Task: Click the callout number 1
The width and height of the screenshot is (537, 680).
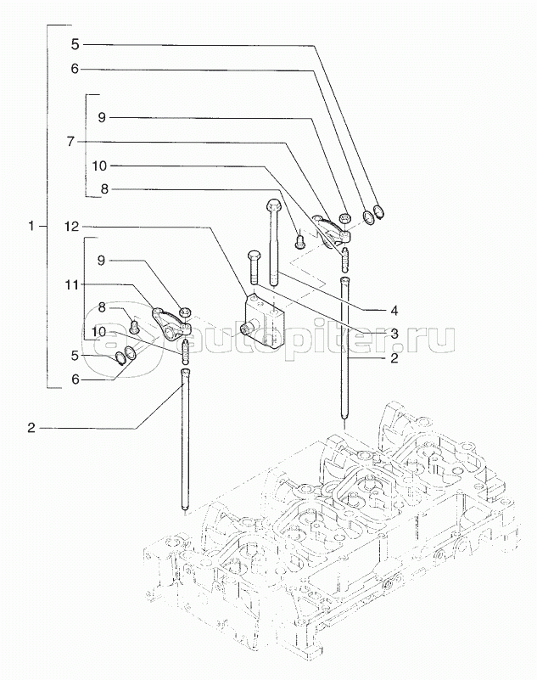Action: coord(31,227)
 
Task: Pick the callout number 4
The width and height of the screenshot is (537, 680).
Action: coord(394,309)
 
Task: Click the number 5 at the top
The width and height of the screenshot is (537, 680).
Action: coord(74,42)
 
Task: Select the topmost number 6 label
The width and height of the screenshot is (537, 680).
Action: coord(74,69)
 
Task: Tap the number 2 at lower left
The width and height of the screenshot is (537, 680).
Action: coord(31,428)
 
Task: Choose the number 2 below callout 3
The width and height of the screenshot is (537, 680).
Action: coord(394,360)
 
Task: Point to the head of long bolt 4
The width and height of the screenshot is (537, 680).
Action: coord(272,205)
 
